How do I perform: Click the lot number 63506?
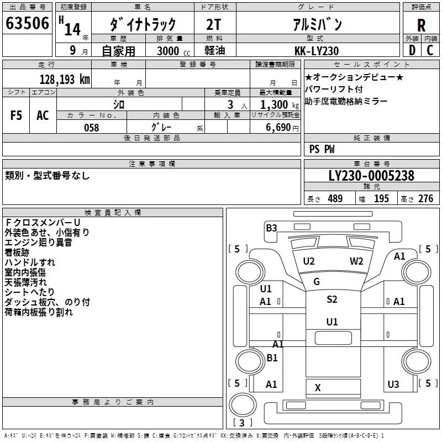(x=27, y=24)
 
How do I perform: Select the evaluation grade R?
(x=421, y=25)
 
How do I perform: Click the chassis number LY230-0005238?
(x=371, y=176)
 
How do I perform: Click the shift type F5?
(x=17, y=115)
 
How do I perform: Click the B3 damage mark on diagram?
(x=271, y=228)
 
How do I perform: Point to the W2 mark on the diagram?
(x=356, y=261)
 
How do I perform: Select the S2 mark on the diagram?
(x=331, y=299)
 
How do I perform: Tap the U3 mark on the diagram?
(x=393, y=384)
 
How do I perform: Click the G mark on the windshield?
(x=317, y=282)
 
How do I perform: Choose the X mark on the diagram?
(x=318, y=388)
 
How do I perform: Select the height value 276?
(x=425, y=199)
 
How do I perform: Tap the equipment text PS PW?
(x=322, y=149)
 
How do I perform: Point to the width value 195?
(x=381, y=199)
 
